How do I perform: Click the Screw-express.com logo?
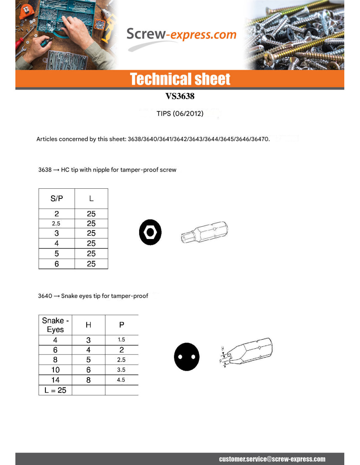pos(181,35)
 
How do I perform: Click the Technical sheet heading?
pos(180,79)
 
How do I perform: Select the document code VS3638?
pos(180,96)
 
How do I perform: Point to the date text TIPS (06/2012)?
pos(180,113)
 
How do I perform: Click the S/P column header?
pos(57,198)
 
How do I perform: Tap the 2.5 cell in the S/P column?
pos(56,224)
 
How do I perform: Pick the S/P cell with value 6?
pos(57,264)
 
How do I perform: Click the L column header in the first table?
pos(91,198)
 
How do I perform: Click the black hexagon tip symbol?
pos(150,232)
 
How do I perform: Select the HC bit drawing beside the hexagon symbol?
pos(205,232)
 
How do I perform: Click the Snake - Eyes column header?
pos(55,325)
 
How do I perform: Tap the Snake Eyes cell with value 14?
pos(55,380)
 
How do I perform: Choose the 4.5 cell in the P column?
pos(121,380)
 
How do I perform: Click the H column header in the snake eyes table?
pos(88,325)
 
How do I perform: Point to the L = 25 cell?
pos(55,390)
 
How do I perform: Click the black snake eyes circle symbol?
pos(187,357)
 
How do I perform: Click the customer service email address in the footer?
pos(272,459)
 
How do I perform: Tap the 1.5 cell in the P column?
pos(121,340)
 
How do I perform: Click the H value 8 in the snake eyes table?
pos(88,380)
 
